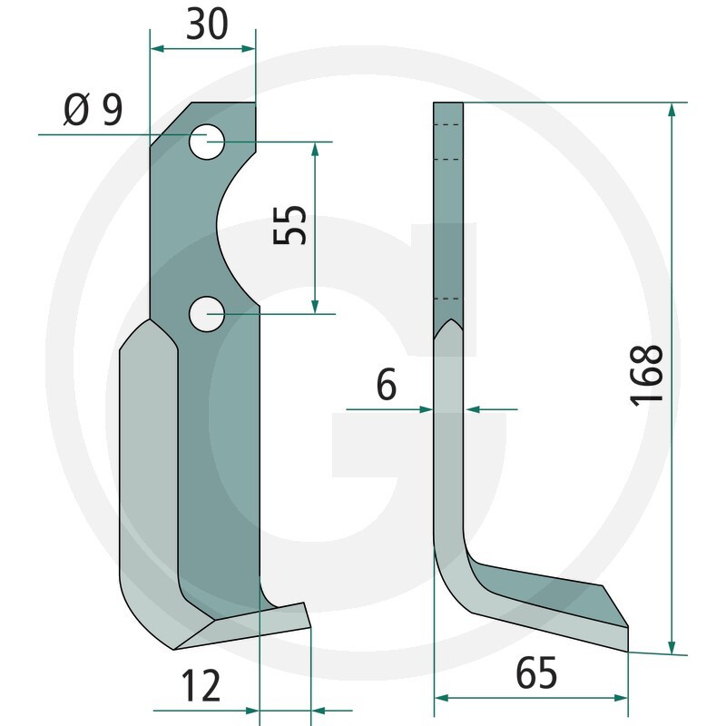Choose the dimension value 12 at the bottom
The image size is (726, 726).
201,686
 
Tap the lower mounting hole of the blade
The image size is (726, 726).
207,313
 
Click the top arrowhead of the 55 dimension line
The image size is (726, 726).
315,148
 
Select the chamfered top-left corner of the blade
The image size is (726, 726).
171,122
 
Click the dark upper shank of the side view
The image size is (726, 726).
450,209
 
